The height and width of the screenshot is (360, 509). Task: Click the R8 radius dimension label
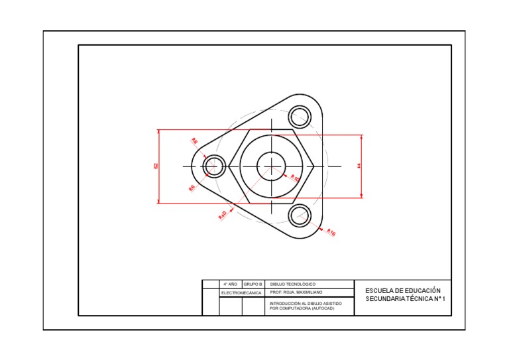195,141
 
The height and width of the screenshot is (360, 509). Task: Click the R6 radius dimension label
192,188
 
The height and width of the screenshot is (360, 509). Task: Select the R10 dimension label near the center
295,178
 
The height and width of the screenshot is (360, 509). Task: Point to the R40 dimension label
223,215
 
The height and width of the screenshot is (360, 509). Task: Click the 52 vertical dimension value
156,166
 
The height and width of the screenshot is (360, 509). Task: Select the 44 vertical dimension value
359,166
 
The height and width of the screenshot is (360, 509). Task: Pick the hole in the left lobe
214,166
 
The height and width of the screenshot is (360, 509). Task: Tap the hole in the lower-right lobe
300,215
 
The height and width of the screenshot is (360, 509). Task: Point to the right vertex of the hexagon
313,166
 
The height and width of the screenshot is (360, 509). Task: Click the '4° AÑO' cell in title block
230,284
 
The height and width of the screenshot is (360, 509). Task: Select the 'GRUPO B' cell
253,284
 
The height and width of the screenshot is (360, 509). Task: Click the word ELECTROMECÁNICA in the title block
241,292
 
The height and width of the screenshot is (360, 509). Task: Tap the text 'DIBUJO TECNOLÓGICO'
293,284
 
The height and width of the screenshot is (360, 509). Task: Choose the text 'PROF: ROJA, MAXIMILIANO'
296,292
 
